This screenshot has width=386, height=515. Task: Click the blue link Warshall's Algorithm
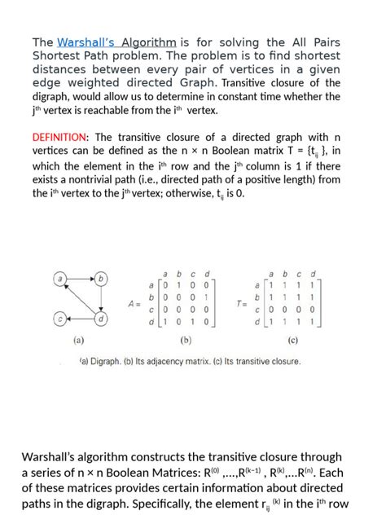[x=116, y=42]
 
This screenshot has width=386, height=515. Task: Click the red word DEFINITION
[x=59, y=137]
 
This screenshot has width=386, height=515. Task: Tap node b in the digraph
[x=102, y=279]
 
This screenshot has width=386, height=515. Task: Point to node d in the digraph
[x=102, y=319]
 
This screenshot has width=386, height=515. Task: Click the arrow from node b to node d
[x=102, y=298]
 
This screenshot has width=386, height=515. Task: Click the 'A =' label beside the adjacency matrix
[x=136, y=303]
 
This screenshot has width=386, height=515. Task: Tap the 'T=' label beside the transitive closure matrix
[x=241, y=303]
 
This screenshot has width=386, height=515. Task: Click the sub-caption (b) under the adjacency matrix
[x=186, y=340]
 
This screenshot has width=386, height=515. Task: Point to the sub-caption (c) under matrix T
[x=292, y=340]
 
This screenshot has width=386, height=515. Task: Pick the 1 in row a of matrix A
[x=179, y=286]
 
